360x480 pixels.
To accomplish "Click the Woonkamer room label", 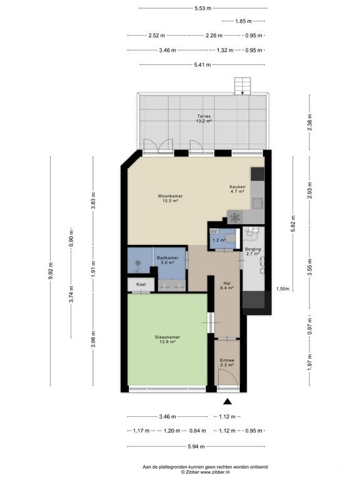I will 170,196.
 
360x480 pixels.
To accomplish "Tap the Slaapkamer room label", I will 167,337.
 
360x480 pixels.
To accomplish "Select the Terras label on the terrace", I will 204,116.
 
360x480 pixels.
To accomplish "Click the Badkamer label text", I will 167,257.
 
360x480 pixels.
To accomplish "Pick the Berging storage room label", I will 252,249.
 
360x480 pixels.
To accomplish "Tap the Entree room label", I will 227,360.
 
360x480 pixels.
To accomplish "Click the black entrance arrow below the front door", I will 227,402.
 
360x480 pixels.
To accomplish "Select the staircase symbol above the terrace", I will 241,86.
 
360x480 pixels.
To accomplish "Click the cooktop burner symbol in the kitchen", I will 235,218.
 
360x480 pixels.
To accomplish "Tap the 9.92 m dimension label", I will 51,272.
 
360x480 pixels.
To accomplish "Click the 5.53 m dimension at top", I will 201,8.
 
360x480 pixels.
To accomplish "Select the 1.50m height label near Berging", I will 283,289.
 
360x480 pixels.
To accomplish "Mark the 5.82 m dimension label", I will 292,222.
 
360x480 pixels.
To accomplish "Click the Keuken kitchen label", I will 237,187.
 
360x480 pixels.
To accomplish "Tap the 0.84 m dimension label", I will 197,431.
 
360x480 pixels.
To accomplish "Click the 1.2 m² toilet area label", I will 218,240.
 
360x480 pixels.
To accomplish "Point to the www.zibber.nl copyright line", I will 205,473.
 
